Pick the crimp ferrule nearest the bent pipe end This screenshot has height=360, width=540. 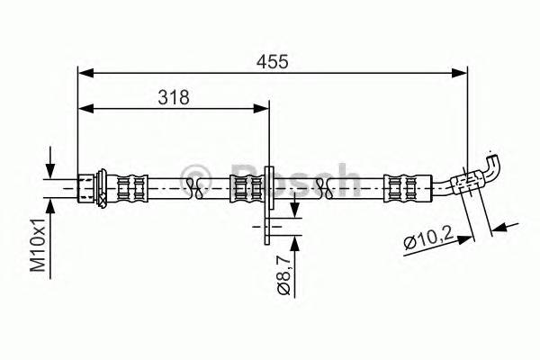pyautogui.click(x=397, y=187)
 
